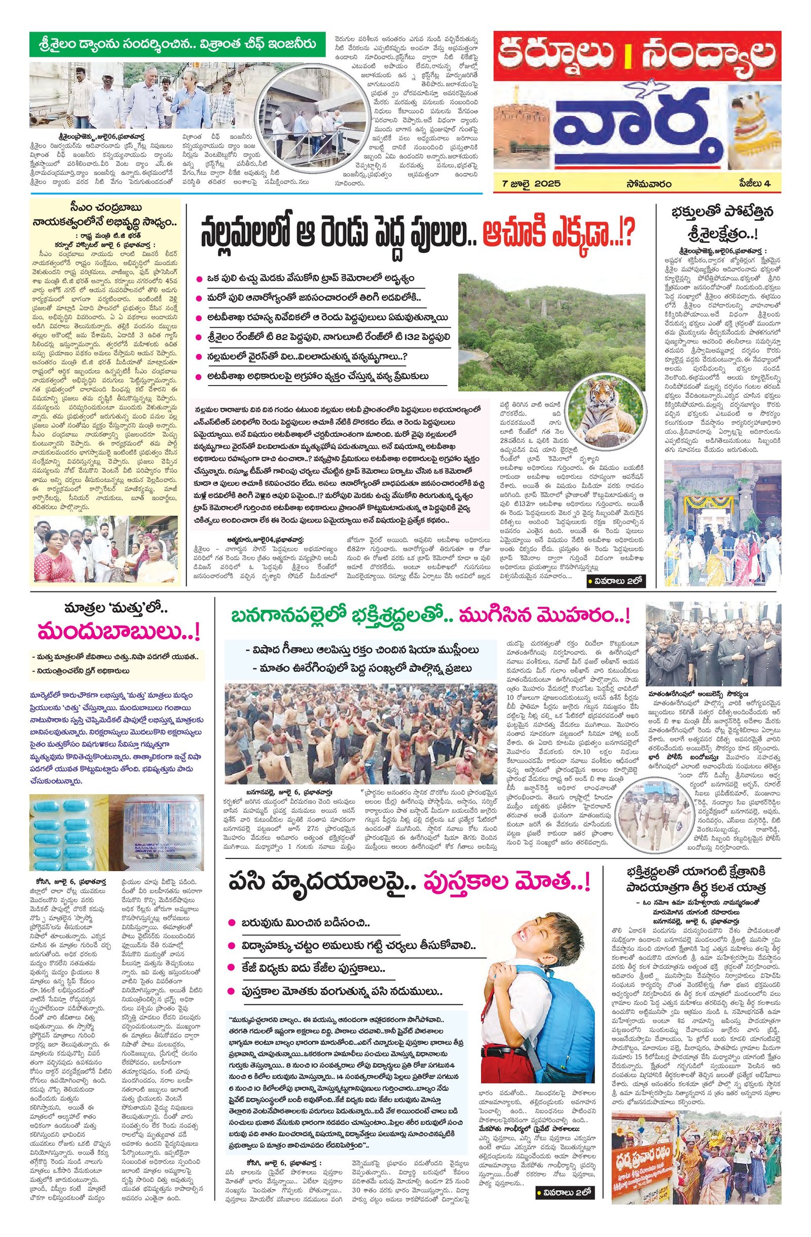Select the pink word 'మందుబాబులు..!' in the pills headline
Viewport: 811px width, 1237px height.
[x=117, y=635]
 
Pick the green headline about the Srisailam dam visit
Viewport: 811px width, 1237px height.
[x=177, y=45]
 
